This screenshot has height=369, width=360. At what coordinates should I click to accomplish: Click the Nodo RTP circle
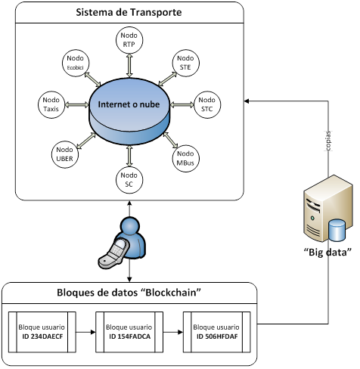pyautogui.click(x=129, y=40)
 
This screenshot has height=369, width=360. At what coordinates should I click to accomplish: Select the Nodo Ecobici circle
pyautogui.click(x=76, y=63)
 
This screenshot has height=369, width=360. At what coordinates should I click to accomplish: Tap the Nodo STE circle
pyautogui.click(x=186, y=63)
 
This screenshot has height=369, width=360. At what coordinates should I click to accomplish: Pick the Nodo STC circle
pyautogui.click(x=207, y=104)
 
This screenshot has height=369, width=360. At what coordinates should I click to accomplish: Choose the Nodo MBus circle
pyautogui.click(x=186, y=158)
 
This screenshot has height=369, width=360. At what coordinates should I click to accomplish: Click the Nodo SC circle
pyautogui.click(x=129, y=180)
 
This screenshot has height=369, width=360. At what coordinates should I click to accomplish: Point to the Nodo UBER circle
pyautogui.click(x=65, y=154)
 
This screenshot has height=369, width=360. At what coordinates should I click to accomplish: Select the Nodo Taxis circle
pyautogui.click(x=51, y=104)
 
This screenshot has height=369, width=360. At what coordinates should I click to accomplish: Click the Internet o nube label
pyautogui.click(x=129, y=104)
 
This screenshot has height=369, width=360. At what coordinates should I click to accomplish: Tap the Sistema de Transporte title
pyautogui.click(x=129, y=12)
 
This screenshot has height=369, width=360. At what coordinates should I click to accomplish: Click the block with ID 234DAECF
pyautogui.click(x=42, y=332)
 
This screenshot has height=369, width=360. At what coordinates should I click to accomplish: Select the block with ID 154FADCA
pyautogui.click(x=129, y=332)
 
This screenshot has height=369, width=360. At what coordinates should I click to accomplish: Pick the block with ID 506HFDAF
pyautogui.click(x=217, y=332)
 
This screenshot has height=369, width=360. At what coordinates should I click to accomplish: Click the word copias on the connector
pyautogui.click(x=328, y=141)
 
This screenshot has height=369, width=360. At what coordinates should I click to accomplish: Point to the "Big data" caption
pyautogui.click(x=327, y=252)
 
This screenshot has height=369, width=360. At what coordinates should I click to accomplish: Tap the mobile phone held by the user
pyautogui.click(x=113, y=253)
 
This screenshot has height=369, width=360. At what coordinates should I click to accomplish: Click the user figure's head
pyautogui.click(x=130, y=225)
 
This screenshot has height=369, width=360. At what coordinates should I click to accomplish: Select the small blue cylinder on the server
pyautogui.click(x=337, y=231)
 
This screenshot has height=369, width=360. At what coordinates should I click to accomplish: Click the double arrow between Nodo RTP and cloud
pyautogui.click(x=129, y=65)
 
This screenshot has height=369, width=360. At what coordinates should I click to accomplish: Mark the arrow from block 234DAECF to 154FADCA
pyautogui.click(x=85, y=332)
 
